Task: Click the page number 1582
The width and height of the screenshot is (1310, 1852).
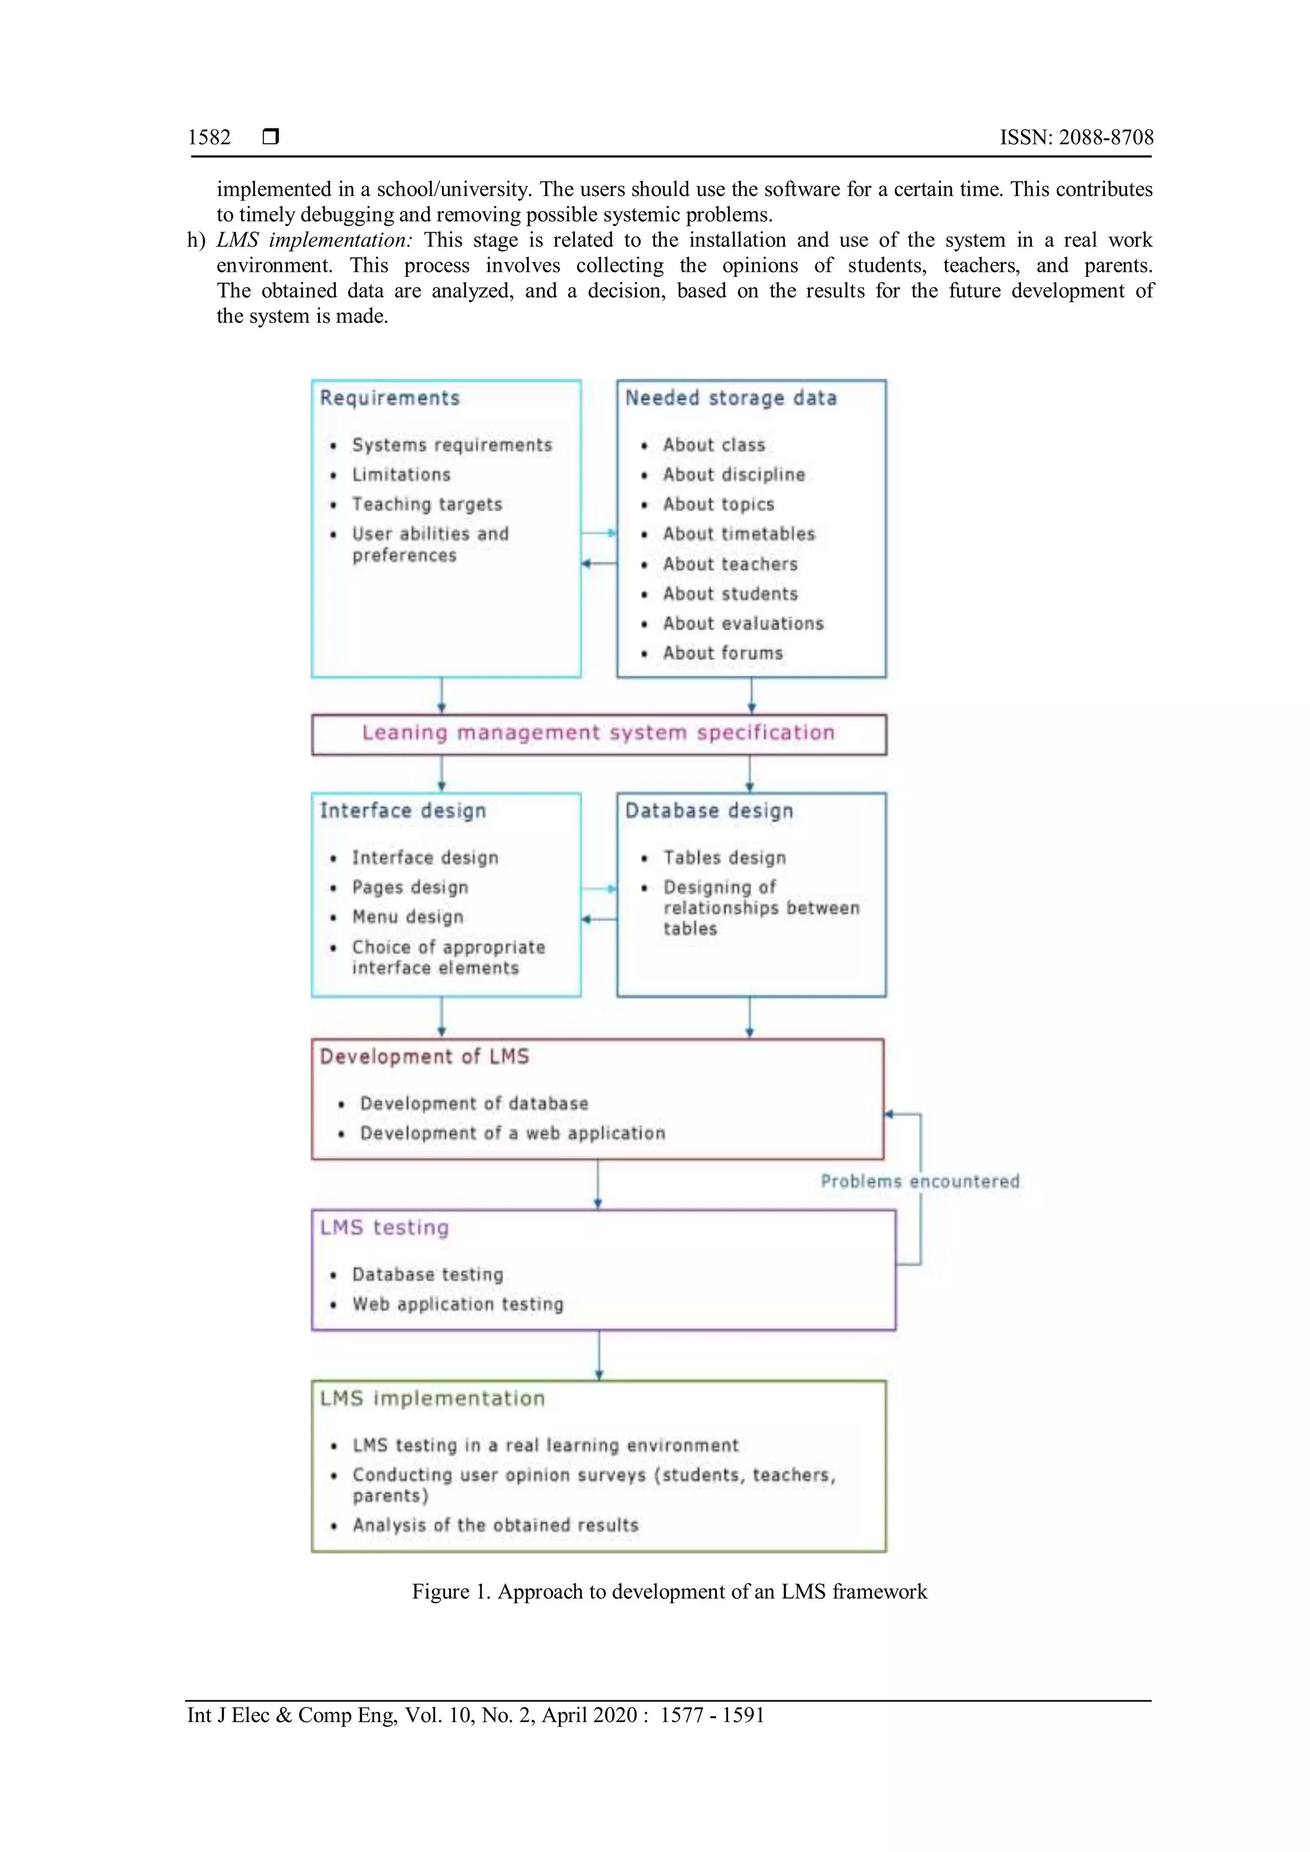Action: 209,137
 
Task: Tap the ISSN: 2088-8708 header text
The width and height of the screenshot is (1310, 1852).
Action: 1076,137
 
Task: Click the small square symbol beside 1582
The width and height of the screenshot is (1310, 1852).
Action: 271,136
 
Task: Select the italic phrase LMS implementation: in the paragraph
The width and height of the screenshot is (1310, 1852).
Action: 314,240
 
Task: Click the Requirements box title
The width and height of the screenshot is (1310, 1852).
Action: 390,398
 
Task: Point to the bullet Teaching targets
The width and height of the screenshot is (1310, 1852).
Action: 427,504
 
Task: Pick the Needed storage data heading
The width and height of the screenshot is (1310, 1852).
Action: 731,398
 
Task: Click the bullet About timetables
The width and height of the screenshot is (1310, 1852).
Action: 739,534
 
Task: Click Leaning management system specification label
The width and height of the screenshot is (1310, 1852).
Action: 597,732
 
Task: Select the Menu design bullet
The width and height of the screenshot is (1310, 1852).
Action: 407,917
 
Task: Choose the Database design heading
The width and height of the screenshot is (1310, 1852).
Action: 709,811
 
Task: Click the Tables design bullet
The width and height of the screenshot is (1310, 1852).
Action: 724,858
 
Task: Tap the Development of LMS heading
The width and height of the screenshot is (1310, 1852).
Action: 424,1056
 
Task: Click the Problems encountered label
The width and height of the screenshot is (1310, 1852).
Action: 920,1182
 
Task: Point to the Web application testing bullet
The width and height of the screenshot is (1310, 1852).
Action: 457,1305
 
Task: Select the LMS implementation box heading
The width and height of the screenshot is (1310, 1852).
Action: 432,1399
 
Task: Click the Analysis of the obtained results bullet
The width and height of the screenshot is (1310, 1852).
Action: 495,1525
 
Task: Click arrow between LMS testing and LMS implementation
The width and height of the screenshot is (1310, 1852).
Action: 599,1355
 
